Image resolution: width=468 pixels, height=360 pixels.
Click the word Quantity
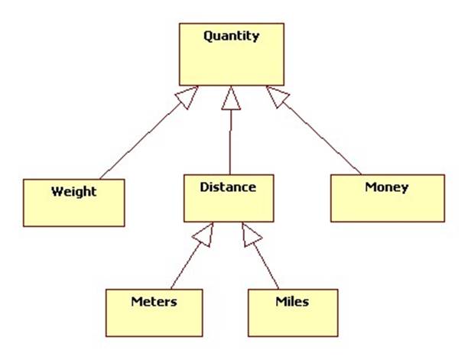(x=231, y=36)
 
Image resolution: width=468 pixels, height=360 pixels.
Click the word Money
(x=386, y=186)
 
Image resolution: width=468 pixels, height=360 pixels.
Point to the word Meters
(x=153, y=301)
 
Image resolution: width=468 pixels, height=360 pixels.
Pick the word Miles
(x=292, y=301)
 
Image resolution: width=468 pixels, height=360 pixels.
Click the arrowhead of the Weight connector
(x=189, y=95)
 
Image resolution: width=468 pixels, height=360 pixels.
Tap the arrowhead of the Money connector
(x=275, y=95)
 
